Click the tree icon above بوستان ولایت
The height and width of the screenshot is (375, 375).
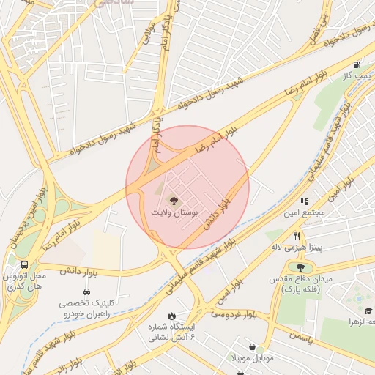point(174,200)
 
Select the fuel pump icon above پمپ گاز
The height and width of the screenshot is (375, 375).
point(357,64)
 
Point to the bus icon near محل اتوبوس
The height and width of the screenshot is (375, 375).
point(25,264)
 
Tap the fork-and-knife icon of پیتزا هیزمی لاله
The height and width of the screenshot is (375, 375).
point(297,236)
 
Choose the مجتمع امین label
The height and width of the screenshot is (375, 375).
point(302,213)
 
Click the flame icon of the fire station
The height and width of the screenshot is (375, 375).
point(171,316)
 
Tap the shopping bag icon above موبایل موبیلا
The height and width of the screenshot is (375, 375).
point(252,346)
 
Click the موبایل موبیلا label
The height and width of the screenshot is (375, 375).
point(252,358)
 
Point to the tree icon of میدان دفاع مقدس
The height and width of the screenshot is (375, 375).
point(301,267)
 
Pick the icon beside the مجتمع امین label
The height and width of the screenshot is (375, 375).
point(303,201)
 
